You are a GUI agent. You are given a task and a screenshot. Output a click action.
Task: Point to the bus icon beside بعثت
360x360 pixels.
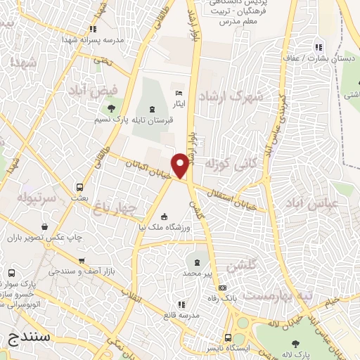(79, 188)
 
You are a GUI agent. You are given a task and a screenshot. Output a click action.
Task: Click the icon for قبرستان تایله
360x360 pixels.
(153, 107)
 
